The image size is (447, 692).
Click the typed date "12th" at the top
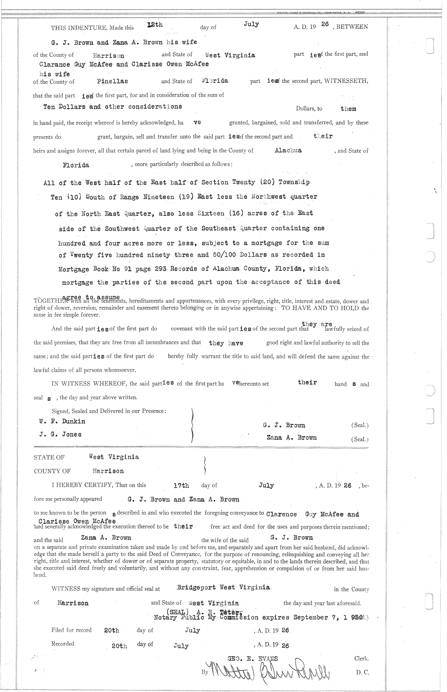click(155, 25)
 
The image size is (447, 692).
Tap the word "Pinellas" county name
click(112, 81)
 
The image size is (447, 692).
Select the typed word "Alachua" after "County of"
click(288, 150)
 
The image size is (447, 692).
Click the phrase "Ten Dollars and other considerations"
click(112, 107)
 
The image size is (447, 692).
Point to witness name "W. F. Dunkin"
click(62, 422)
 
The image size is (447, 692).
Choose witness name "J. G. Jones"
click(60, 434)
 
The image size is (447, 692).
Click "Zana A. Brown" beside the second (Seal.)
click(292, 438)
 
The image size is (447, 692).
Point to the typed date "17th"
click(181, 486)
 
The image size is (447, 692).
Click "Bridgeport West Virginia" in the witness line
click(223, 587)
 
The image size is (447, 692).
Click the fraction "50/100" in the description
click(223, 255)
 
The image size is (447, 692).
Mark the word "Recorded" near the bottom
click(63, 644)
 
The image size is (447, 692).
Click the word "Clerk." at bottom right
click(361, 658)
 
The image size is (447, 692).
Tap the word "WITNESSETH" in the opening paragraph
click(347, 81)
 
